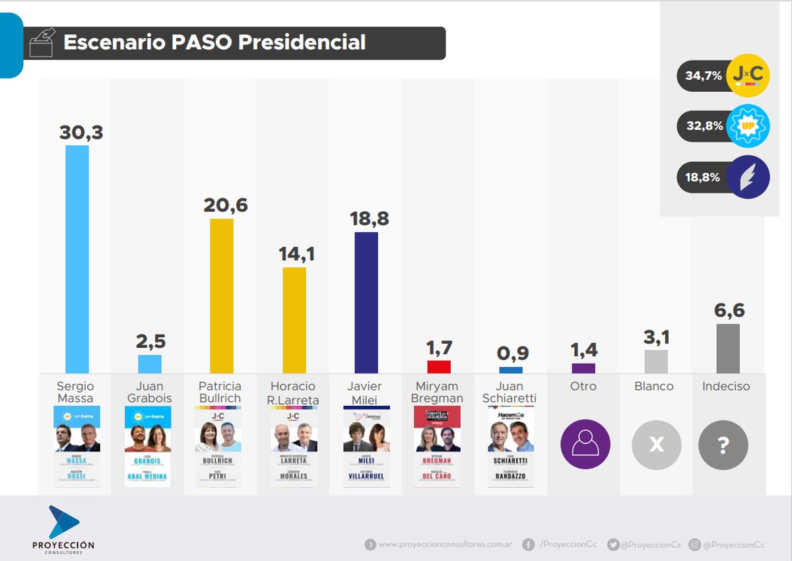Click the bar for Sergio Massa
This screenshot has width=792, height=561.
pyautogui.click(x=77, y=259)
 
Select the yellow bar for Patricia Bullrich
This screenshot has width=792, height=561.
pyautogui.click(x=222, y=296)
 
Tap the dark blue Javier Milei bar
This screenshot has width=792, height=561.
pyautogui.click(x=366, y=302)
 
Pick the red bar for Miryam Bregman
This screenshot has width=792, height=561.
pyautogui.click(x=439, y=367)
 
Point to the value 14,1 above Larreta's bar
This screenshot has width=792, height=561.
pyautogui.click(x=294, y=253)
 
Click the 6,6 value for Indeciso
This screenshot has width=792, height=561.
pyautogui.click(x=729, y=310)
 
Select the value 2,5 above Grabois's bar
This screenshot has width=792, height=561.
pyautogui.click(x=150, y=341)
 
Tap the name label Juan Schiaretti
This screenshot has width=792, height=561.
pyautogui.click(x=510, y=392)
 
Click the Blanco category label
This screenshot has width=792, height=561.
pyautogui.click(x=654, y=386)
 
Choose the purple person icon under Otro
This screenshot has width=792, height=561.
pyautogui.click(x=585, y=445)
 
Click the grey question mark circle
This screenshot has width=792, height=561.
pyautogui.click(x=723, y=445)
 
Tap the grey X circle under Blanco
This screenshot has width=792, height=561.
pyautogui.click(x=657, y=445)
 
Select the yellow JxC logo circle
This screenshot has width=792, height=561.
pyautogui.click(x=748, y=76)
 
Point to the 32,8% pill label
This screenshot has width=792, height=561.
pyautogui.click(x=704, y=125)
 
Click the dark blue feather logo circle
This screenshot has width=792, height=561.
pyautogui.click(x=748, y=177)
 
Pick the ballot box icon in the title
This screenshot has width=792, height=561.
pyautogui.click(x=42, y=43)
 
